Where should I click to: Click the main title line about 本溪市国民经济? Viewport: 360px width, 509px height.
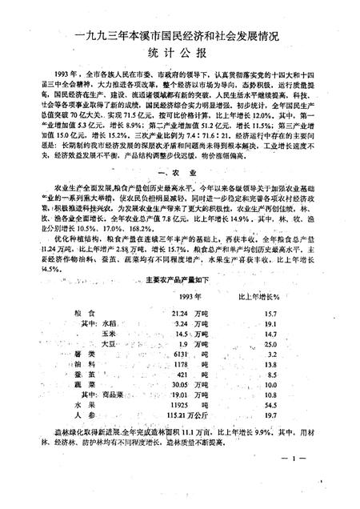pos(179,35)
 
